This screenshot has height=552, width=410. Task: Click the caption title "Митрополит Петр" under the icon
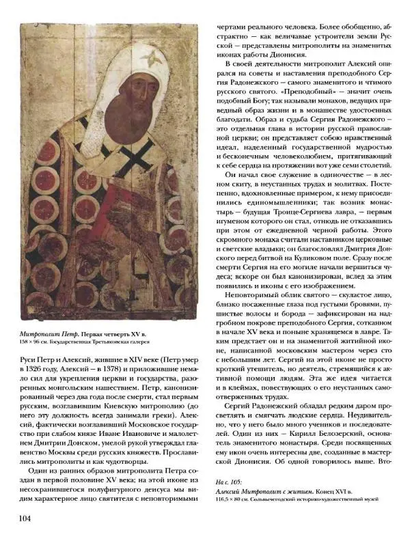[43, 332]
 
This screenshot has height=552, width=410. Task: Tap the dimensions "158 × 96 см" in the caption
[31, 342]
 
